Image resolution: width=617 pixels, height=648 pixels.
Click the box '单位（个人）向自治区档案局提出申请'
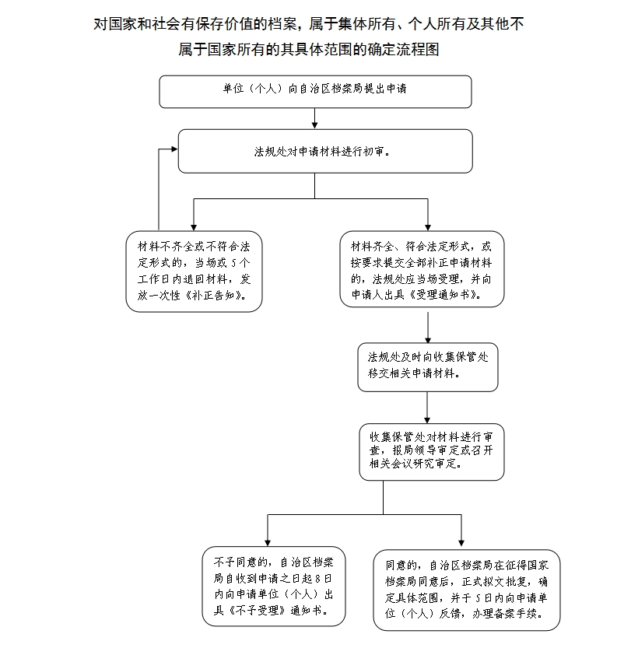coord(315,91)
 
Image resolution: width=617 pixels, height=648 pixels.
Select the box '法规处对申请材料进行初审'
coord(324,151)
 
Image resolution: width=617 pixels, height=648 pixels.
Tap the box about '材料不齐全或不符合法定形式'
coord(194,271)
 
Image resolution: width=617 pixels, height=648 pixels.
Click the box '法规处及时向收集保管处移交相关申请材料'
coord(427,366)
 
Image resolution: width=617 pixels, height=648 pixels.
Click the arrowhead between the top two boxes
coord(314,123)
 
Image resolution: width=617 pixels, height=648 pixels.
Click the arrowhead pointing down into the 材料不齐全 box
coord(193,226)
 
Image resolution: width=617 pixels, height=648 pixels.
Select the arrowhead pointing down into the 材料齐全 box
coord(427,226)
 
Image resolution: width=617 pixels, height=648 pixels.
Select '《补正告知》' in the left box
coord(219,296)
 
